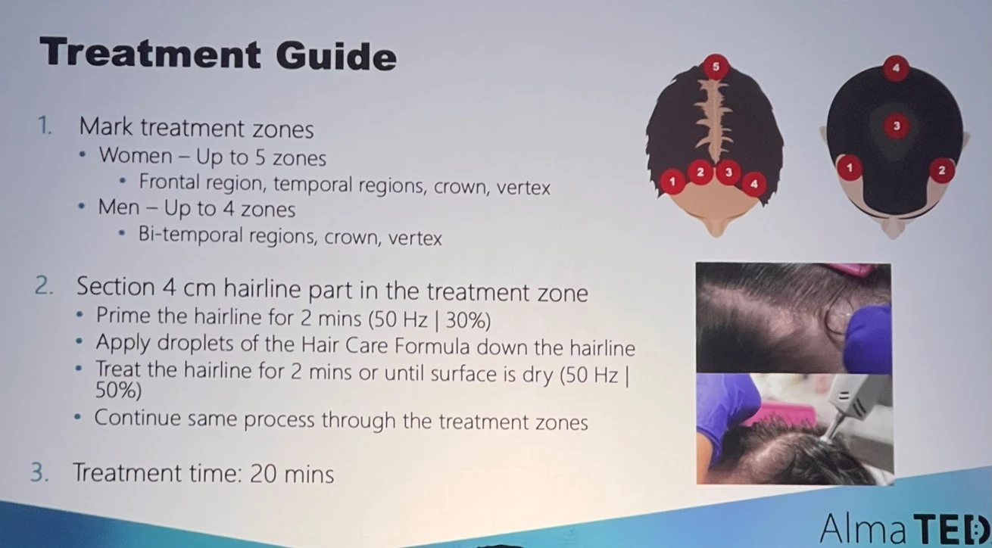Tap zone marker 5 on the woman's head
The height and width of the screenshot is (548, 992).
coord(716,67)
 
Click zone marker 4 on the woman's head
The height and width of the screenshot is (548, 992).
coord(753,182)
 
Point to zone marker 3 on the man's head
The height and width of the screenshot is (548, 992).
coord(896,126)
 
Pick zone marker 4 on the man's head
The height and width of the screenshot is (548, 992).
coord(896,69)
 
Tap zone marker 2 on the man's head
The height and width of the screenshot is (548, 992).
coord(941,170)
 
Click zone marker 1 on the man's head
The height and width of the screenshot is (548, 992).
coord(849,167)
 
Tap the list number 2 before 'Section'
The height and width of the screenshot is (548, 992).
coord(43,288)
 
